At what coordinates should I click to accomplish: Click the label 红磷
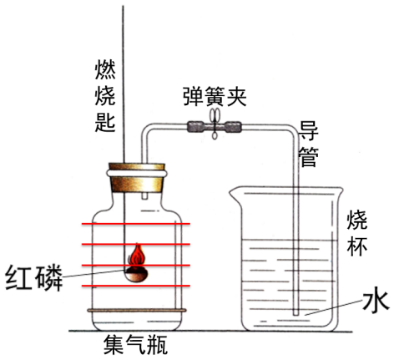(33, 278)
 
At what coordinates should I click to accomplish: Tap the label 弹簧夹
(215, 96)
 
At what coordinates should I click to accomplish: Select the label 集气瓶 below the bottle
(135, 345)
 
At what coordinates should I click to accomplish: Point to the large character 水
(375, 302)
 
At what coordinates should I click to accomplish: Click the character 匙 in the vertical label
(105, 122)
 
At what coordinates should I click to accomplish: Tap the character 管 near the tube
(308, 156)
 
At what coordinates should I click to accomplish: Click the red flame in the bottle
(137, 255)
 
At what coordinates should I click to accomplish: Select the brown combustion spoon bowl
(136, 274)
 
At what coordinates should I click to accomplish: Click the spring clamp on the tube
(215, 123)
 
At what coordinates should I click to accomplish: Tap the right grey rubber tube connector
(233, 127)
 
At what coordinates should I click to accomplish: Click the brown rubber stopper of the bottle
(136, 178)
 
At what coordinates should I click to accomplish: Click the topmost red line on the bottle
(136, 224)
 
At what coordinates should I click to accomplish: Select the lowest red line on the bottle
(136, 286)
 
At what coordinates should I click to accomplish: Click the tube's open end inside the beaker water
(296, 313)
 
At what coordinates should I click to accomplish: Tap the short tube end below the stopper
(144, 195)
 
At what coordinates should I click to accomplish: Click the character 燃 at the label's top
(105, 69)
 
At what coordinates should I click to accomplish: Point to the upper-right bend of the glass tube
(294, 131)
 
